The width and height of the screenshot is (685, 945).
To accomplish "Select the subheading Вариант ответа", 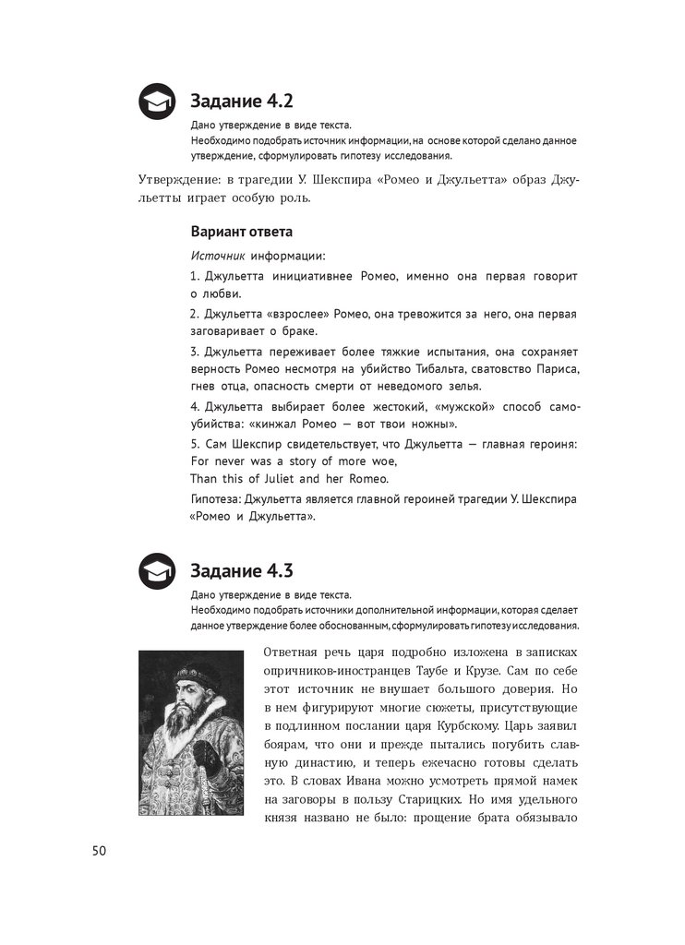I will point(241,231).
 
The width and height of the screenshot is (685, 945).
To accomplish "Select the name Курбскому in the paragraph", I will point(474,726).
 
